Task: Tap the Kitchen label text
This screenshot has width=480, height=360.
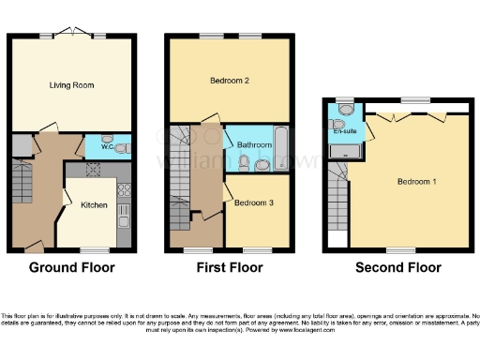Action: (x=94, y=204)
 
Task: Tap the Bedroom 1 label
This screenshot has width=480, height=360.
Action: (x=413, y=181)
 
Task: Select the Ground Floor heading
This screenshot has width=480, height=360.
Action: (x=72, y=268)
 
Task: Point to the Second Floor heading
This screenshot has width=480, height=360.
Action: (x=398, y=268)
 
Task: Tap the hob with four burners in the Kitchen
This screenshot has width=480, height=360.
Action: (x=124, y=189)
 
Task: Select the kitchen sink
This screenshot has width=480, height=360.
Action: (x=123, y=223)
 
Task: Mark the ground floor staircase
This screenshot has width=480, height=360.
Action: (x=22, y=179)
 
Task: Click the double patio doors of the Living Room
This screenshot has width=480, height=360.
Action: (x=71, y=34)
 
